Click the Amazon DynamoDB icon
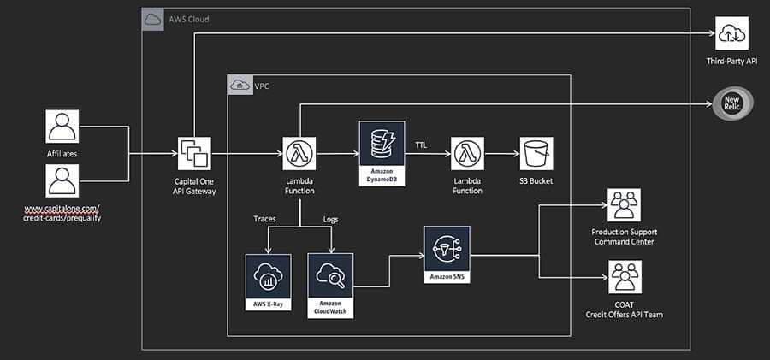[x=382, y=148]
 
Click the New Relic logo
[x=731, y=104]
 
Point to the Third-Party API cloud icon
[x=731, y=34]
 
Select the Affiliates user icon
[x=62, y=127]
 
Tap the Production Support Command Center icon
[x=622, y=206]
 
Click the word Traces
[x=264, y=219]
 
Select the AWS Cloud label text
[x=188, y=19]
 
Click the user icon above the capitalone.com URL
[x=62, y=181]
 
